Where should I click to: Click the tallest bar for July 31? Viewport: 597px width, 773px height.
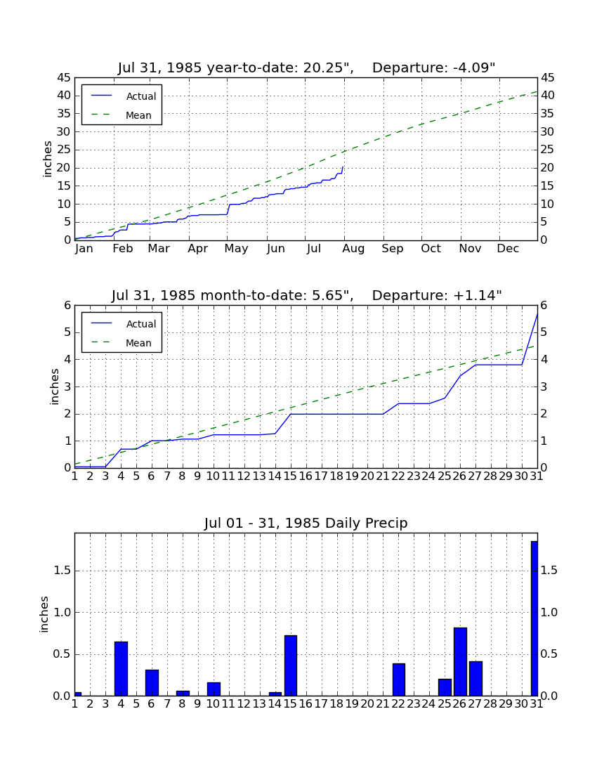(534, 618)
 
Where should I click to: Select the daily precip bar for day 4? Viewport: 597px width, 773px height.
(122, 668)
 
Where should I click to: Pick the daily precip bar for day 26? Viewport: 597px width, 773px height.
(460, 661)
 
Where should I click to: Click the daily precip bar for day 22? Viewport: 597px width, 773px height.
(398, 680)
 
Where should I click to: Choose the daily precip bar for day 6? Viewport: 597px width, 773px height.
(152, 683)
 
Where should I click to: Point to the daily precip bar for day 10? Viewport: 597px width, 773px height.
(214, 689)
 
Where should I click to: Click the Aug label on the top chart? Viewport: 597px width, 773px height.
(354, 249)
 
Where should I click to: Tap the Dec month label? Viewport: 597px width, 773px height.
(508, 249)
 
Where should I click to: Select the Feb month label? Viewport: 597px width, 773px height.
(123, 249)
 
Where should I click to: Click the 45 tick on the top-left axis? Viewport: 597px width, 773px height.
(65, 77)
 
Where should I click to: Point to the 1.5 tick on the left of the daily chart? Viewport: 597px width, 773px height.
(63, 571)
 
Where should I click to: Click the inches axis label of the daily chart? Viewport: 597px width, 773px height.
(44, 614)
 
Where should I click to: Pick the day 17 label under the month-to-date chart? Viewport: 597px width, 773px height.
(321, 476)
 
